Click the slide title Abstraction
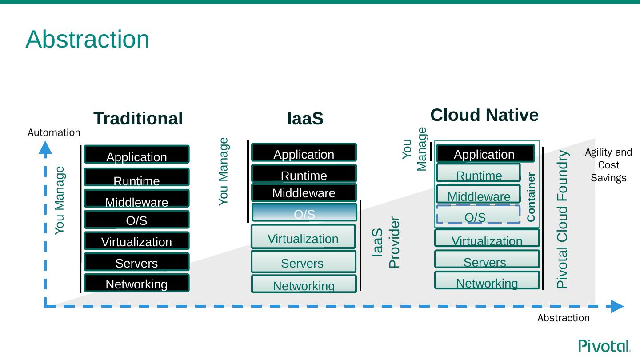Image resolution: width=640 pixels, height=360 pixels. pos(88,39)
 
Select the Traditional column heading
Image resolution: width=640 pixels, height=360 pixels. pos(138,119)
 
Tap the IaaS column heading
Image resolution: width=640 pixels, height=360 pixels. pos(305,119)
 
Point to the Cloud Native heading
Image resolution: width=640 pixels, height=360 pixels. pos(484,115)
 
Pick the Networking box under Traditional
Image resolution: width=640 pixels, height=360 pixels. pos(136,283)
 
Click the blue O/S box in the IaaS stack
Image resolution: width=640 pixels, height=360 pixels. pos(304,212)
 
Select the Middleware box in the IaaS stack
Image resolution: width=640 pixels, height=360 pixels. pos(304,192)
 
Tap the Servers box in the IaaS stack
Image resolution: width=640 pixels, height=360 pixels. pos(304,262)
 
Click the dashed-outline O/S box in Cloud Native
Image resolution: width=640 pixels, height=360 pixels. pos(478,215)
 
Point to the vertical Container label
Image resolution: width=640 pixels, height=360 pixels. pos(531,197)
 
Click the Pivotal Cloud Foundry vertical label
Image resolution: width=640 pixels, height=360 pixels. pos(563,219)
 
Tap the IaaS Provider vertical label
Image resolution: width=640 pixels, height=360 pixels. pos(386,242)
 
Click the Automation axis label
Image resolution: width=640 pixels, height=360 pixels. pos(54,132)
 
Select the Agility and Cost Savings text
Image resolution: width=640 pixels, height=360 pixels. pos(608,165)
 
